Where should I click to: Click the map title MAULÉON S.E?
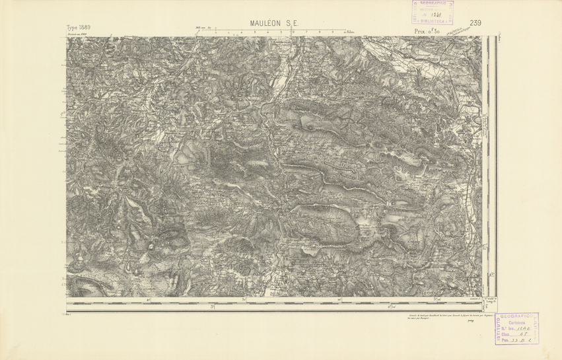point(274,24)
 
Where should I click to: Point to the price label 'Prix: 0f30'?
point(428,30)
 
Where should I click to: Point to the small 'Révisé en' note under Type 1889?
point(79,34)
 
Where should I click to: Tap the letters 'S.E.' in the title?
point(292,24)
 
